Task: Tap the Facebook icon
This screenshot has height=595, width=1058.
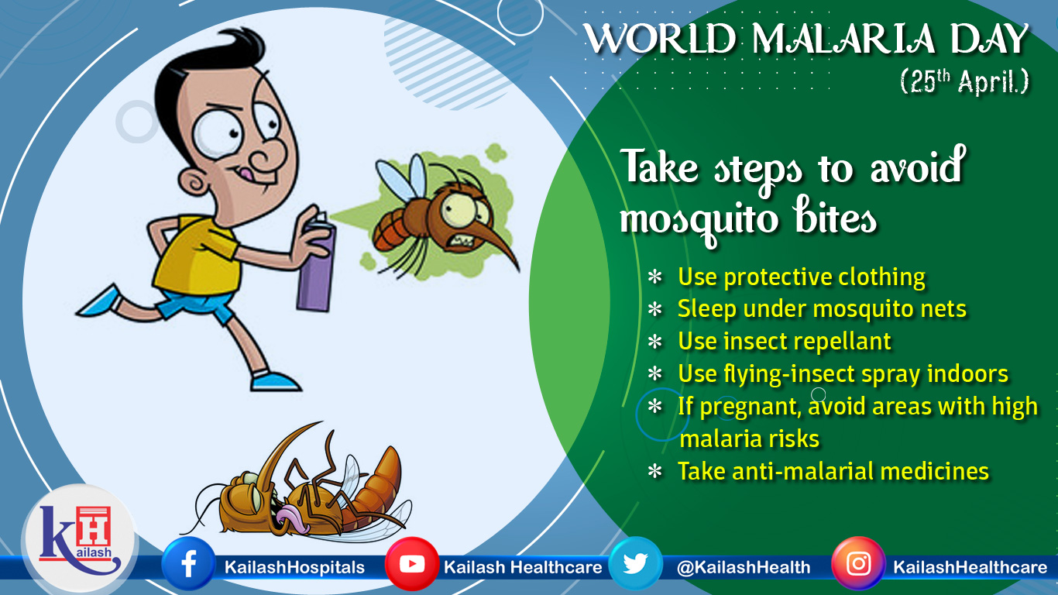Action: pyautogui.click(x=188, y=563)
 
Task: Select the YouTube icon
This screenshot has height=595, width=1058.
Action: pyautogui.click(x=412, y=563)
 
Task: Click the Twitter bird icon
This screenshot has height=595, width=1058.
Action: pyautogui.click(x=635, y=563)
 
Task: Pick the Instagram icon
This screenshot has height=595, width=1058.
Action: pyautogui.click(x=858, y=563)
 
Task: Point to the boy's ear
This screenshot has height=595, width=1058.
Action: pyautogui.click(x=194, y=182)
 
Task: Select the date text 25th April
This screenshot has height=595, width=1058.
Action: pyautogui.click(x=964, y=81)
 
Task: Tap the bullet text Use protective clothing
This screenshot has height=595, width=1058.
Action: pyautogui.click(x=802, y=277)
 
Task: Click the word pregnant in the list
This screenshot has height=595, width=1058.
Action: pyautogui.click(x=750, y=407)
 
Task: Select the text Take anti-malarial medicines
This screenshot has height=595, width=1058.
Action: pyautogui.click(x=833, y=471)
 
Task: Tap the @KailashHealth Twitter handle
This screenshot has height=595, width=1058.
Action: pyautogui.click(x=744, y=567)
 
